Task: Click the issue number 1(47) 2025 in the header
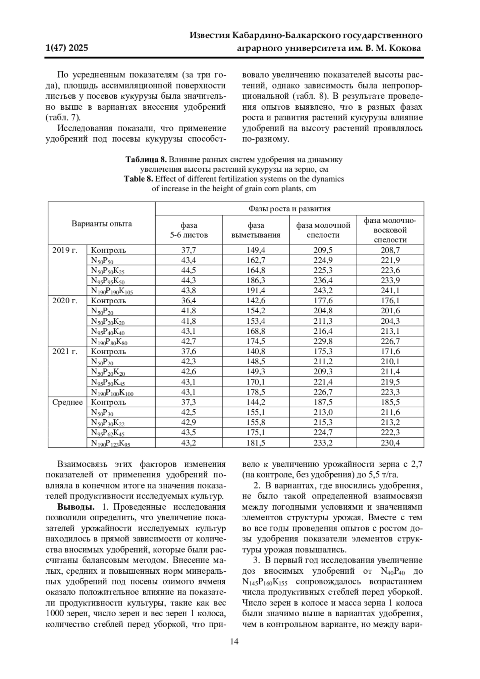[x=67, y=48]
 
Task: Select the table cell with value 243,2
[x=323, y=290]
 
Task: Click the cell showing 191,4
[x=256, y=290]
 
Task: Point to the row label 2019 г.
[x=65, y=250]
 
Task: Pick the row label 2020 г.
[x=65, y=300]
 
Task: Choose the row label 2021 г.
[x=65, y=351]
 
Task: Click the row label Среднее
[x=68, y=402]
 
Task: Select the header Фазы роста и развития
[x=289, y=208]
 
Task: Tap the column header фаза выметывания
[x=256, y=230]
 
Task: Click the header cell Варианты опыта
[x=102, y=223]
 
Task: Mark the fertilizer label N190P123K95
[x=110, y=443]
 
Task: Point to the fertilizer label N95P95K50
[x=108, y=281]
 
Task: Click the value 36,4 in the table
[x=189, y=300]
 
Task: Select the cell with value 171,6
[x=390, y=351]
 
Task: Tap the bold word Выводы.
[x=76, y=507]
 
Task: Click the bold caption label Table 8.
[x=138, y=178]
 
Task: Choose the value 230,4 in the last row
[x=390, y=443]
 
